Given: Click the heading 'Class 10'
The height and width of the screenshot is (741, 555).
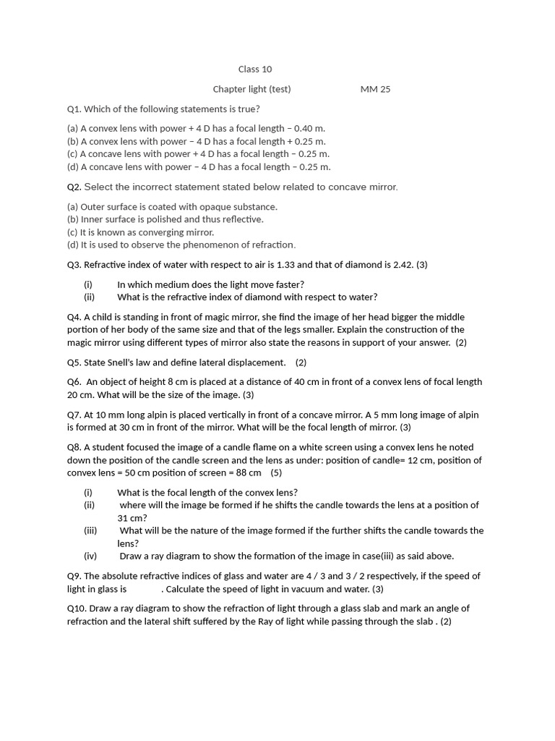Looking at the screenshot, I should (255, 69).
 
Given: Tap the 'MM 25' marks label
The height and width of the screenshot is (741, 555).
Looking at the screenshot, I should (375, 90).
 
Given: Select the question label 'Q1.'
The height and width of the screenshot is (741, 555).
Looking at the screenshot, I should (74, 109).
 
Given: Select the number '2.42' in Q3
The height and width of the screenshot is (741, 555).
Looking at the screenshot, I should (402, 265).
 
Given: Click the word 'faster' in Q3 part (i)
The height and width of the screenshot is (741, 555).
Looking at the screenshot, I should (285, 284).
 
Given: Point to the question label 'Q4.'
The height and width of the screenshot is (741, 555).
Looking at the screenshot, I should (74, 318).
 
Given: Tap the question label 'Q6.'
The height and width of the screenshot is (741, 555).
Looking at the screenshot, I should (74, 382).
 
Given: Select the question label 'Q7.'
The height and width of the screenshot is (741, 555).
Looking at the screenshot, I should (74, 415).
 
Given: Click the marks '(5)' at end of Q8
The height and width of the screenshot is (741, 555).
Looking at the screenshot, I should (276, 473).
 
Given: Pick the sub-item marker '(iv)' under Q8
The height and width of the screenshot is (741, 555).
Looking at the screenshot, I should (90, 556).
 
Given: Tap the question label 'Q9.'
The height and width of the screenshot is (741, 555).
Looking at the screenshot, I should (74, 577).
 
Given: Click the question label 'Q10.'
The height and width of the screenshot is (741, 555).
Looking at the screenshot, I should (77, 609).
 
